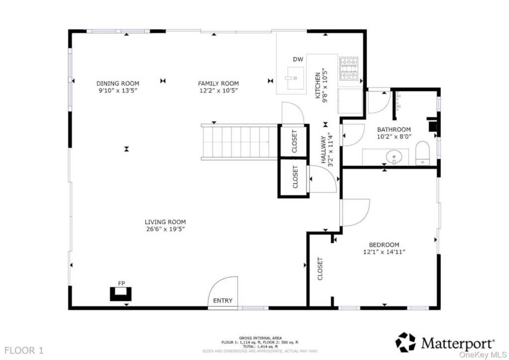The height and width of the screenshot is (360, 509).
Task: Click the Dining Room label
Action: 118,84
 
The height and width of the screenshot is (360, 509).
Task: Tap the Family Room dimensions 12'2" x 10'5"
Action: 219,90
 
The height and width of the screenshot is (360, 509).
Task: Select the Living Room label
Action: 165,222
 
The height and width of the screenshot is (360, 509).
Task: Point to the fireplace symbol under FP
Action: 121,294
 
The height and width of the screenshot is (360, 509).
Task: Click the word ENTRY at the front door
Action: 223,301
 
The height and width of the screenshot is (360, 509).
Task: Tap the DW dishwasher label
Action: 298,59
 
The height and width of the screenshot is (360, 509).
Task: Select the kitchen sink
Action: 295,78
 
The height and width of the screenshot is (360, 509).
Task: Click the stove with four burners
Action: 348,69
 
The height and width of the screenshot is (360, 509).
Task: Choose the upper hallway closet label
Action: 294,141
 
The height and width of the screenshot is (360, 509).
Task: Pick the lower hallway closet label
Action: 295,177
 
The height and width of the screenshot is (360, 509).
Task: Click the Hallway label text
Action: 324,149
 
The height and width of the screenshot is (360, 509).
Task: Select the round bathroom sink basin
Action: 394,157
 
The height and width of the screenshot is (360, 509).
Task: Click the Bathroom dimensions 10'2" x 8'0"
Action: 394,137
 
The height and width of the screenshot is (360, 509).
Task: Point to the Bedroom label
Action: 384,245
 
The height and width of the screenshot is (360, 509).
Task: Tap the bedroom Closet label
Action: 320,269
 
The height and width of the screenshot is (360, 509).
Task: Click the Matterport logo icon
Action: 406,342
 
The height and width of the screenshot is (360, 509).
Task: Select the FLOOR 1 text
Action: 24,351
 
